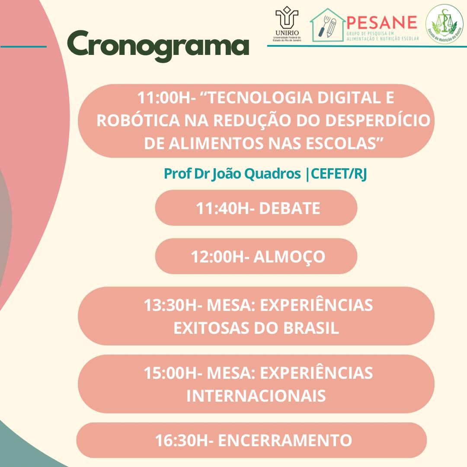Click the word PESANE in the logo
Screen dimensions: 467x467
381,22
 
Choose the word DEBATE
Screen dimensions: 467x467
290,208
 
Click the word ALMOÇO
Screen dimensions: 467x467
289,257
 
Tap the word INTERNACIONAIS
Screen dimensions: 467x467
256,396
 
